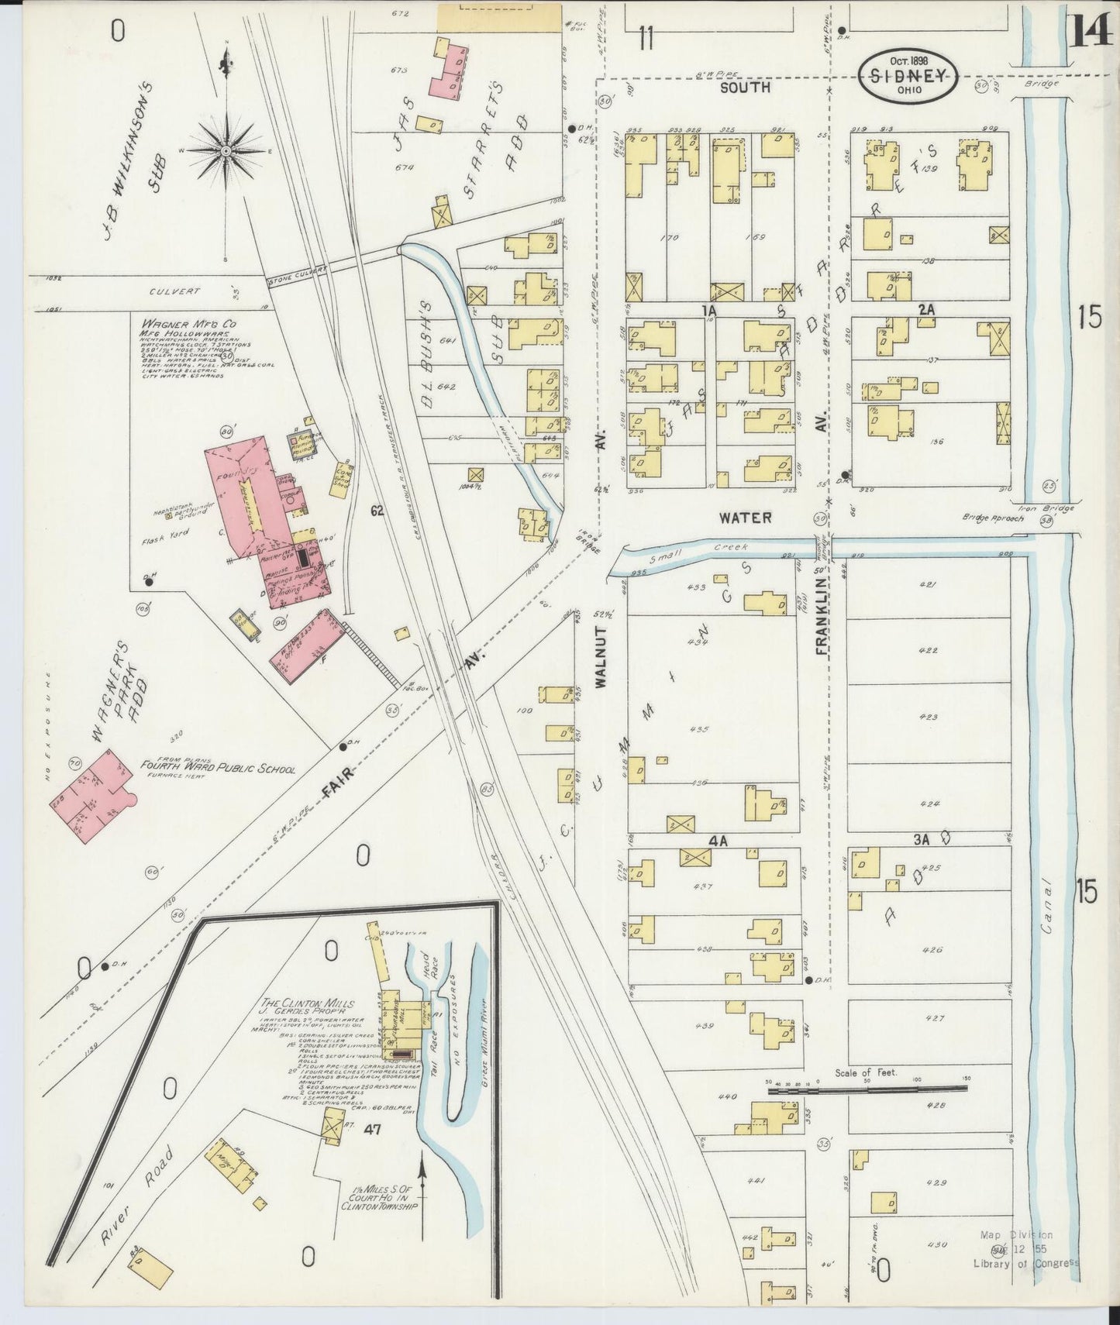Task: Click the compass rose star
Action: pos(225,149)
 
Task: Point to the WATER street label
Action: pos(746,517)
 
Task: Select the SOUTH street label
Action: pos(745,88)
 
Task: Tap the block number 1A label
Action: pos(707,310)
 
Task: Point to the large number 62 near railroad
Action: pos(377,511)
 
